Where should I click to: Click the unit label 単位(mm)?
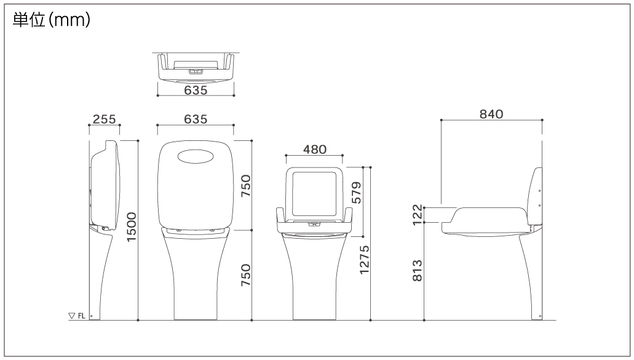click(x=52, y=20)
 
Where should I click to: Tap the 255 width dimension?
click(x=105, y=119)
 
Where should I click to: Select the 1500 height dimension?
click(x=132, y=227)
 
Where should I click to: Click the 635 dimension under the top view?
click(x=196, y=90)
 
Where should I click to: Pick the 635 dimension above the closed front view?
click(x=196, y=119)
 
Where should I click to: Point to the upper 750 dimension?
click(x=246, y=186)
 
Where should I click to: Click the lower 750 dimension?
click(x=246, y=275)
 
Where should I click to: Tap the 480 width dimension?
click(x=315, y=150)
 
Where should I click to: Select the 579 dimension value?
click(x=356, y=193)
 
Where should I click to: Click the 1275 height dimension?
click(x=364, y=260)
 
